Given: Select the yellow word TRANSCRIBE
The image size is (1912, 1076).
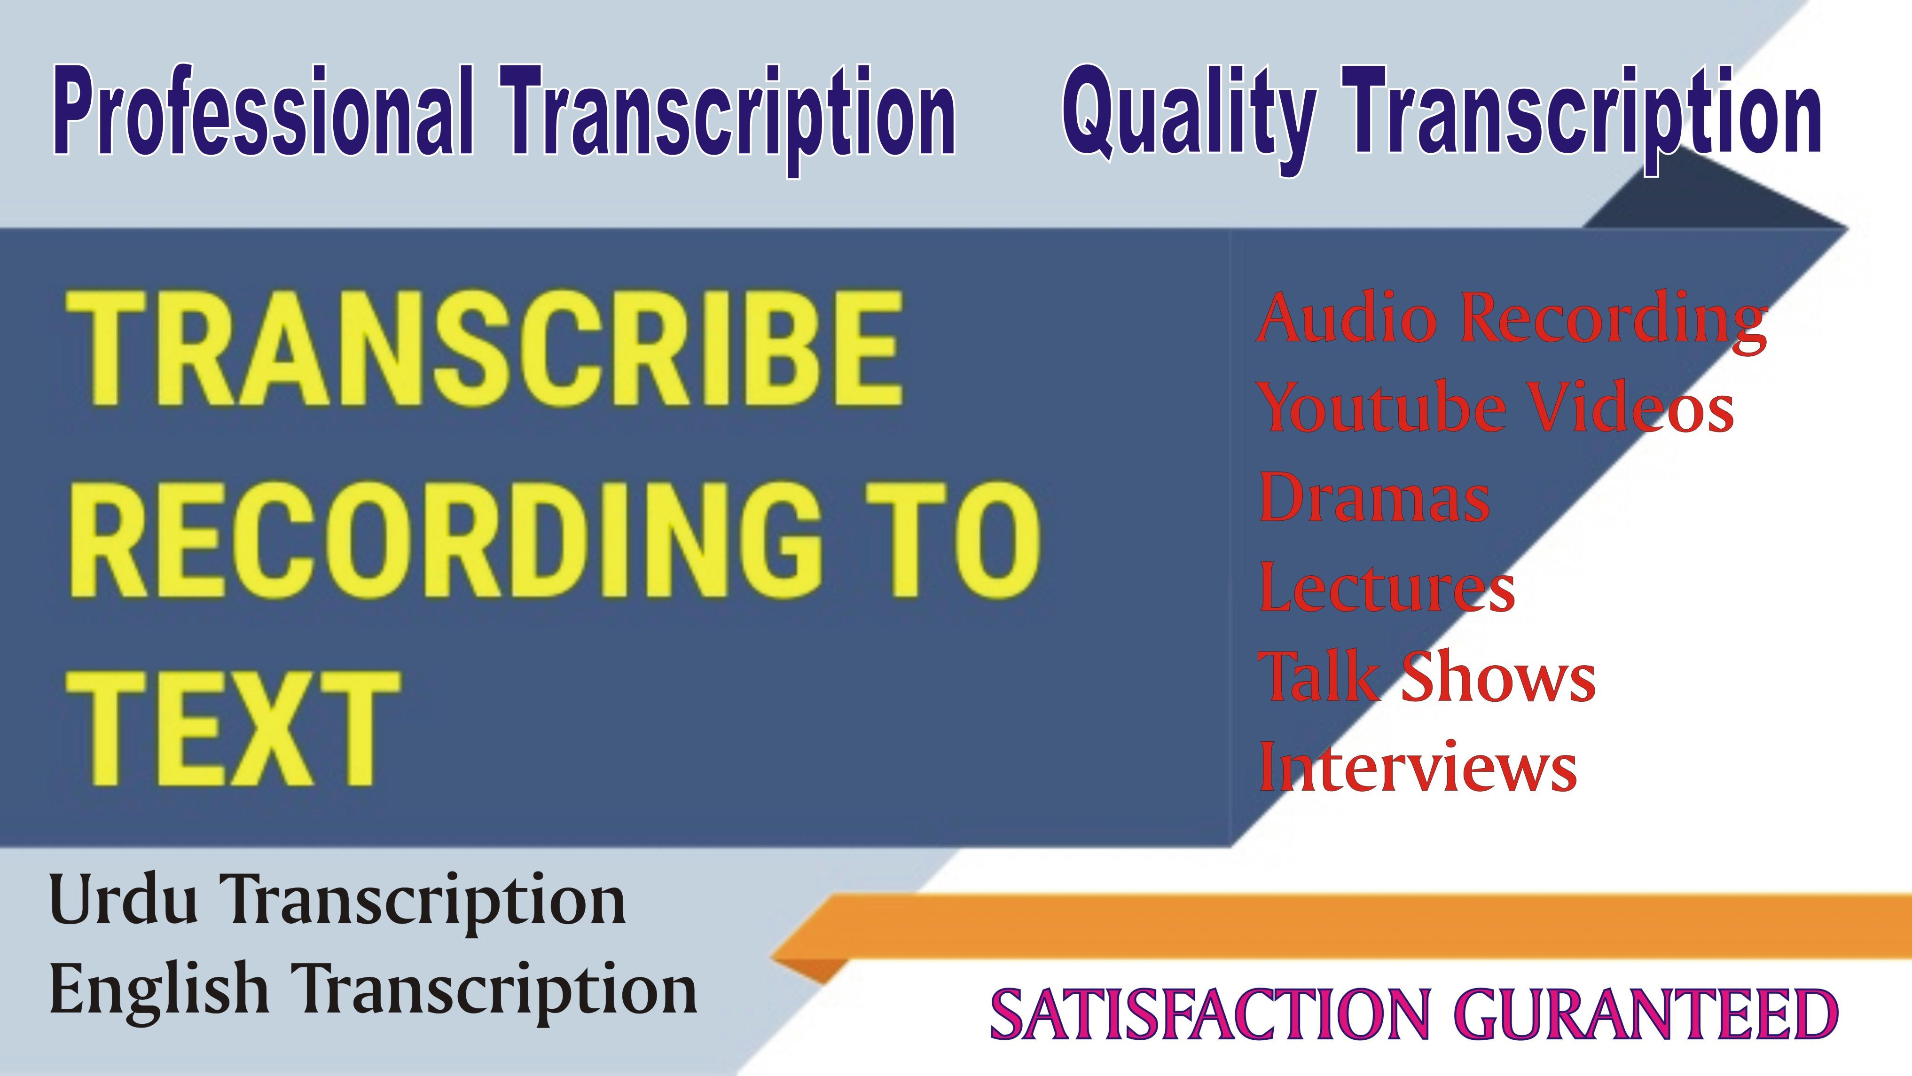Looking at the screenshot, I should click(486, 349).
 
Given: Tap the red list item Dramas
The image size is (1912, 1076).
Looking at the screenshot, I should click(1373, 497).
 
